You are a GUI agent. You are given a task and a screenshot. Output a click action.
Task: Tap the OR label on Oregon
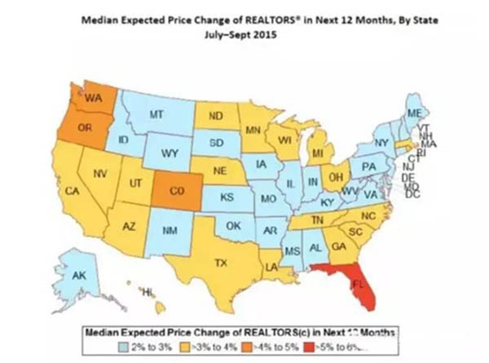tap(84, 128)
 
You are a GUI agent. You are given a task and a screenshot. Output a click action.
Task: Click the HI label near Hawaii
tap(148, 291)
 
